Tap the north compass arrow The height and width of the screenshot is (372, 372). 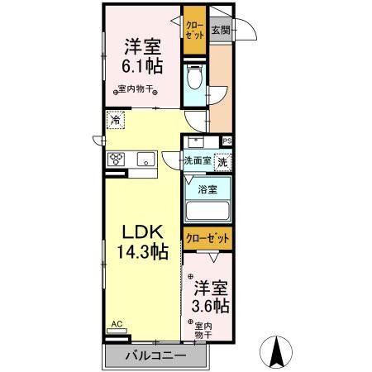pyautogui.click(x=279, y=354)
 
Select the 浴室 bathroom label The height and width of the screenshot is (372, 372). pyautogui.click(x=207, y=189)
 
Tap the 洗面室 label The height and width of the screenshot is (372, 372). pyautogui.click(x=198, y=160)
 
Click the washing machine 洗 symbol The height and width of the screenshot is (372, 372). pyautogui.click(x=222, y=162)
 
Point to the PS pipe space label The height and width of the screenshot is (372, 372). pyautogui.click(x=227, y=141)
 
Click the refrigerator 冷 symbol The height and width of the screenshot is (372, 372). pyautogui.click(x=114, y=120)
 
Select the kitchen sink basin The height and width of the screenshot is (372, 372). pyautogui.click(x=142, y=160)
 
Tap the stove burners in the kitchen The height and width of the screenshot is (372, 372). pyautogui.click(x=115, y=160)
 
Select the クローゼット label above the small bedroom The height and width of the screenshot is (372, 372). pyautogui.click(x=207, y=238)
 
